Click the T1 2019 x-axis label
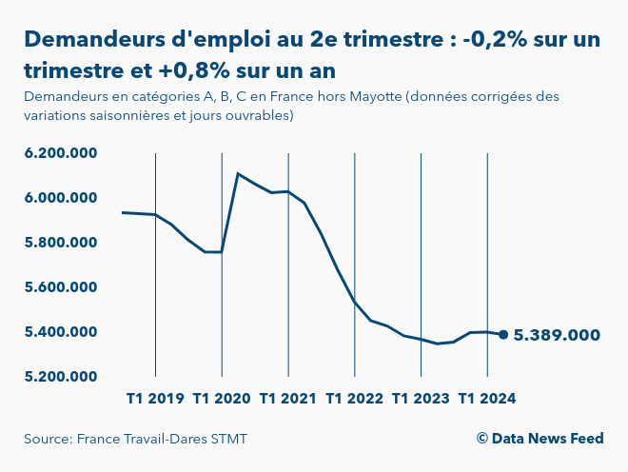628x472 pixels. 155,398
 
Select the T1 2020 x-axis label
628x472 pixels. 222,398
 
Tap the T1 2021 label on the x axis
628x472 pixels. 288,398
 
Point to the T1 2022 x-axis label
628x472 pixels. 354,398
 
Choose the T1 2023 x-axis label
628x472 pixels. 421,398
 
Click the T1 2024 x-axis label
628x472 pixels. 487,398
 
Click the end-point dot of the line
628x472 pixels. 503,334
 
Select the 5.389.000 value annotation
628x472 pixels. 557,335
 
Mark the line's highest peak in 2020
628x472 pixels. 237,174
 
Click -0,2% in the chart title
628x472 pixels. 497,39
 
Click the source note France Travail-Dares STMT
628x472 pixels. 142,439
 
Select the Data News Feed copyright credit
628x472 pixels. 540,439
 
